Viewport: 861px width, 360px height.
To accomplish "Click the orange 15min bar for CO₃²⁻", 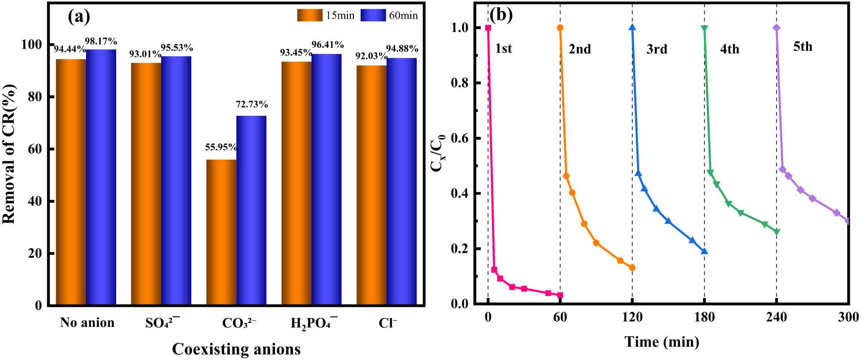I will coord(221,233).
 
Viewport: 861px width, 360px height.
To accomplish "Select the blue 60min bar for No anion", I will coord(101,177).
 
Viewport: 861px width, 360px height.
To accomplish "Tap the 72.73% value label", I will coord(252,104).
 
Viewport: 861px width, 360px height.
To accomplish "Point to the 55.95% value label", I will coord(221,147).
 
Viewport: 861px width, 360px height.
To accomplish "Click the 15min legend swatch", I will coord(310,16).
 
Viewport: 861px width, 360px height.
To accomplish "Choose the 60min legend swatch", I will coord(373,16).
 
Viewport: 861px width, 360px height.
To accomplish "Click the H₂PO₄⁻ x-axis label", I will coord(314,323).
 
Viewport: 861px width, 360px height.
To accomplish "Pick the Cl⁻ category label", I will coord(388,323).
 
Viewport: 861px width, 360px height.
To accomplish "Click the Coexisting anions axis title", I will coord(236,349).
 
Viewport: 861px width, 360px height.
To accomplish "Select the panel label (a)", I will coord(79,17).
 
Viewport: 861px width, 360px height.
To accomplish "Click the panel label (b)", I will coord(502,16).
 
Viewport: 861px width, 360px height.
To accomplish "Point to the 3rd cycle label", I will coord(657,49).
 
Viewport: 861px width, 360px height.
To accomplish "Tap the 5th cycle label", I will coord(803,47).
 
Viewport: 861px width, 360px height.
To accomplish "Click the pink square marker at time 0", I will coord(488,28).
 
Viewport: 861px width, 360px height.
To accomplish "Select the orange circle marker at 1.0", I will coord(560,28).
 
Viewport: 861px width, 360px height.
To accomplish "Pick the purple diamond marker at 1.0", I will coord(777,28).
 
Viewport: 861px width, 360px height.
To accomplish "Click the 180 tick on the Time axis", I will coord(704,318).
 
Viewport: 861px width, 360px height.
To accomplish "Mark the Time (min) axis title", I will coord(662,342).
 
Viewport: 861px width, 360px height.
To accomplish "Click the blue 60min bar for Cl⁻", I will coord(402,181).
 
